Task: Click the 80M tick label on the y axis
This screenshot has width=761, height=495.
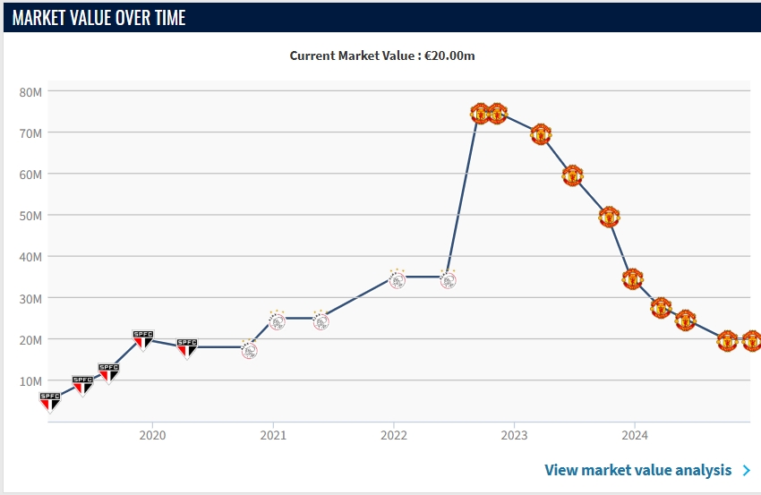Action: point(30,91)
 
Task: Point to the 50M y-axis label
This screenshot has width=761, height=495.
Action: point(30,216)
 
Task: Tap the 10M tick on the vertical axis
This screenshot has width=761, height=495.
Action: point(30,381)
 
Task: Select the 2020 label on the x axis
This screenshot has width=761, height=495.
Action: point(152,436)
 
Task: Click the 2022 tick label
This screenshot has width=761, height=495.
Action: point(393,436)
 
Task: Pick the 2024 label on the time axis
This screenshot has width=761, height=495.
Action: point(634,436)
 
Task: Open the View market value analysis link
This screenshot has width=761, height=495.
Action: point(637,470)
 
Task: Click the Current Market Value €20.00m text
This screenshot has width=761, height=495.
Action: point(381,55)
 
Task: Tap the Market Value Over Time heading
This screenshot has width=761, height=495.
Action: point(99,17)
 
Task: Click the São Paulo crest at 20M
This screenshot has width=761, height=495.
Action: point(142,339)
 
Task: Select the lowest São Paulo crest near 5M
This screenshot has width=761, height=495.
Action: point(50,401)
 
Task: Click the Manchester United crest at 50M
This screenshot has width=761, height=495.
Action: point(609,217)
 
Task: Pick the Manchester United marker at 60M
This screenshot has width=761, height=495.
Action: point(573,175)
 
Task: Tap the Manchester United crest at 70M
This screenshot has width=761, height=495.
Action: point(541,134)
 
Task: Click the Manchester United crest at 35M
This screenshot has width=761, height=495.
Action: point(633,278)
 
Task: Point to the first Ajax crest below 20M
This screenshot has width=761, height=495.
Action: point(249,349)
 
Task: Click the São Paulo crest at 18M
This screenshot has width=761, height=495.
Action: point(186,347)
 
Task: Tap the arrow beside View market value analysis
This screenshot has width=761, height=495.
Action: point(747,470)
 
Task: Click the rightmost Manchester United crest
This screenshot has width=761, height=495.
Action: point(751,340)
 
